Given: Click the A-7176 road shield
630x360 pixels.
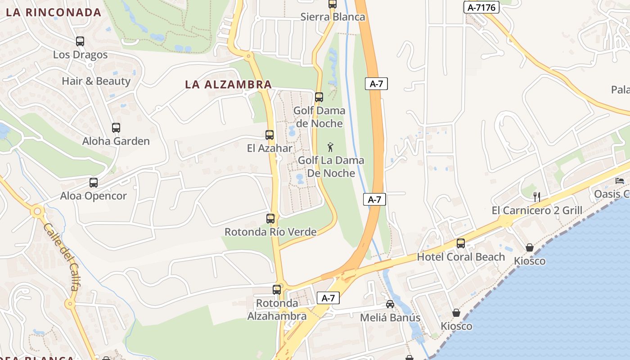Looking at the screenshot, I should tap(481, 7).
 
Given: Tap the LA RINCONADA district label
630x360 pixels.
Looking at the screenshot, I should tap(54, 12).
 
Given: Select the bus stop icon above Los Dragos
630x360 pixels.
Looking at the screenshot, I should tap(80, 41).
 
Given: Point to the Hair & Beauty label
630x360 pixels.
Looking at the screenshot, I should tap(96, 81).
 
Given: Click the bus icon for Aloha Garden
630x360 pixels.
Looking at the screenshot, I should tap(116, 128).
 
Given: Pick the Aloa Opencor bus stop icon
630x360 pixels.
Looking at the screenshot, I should tap(94, 183).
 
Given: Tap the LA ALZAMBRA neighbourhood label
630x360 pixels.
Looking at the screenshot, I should tap(228, 84).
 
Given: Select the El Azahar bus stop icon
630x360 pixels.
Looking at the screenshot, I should tap(270, 135).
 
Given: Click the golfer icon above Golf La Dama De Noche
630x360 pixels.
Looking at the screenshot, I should tap(330, 147).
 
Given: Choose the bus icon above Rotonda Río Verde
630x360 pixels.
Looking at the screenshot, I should tap(270, 219).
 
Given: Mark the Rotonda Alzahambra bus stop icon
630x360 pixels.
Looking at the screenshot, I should tap(277, 290).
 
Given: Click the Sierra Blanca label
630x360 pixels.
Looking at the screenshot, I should tap(333, 17).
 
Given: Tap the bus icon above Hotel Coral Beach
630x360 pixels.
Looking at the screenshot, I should tap(461, 243).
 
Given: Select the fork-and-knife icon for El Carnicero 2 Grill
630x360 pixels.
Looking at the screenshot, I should tap(536, 197).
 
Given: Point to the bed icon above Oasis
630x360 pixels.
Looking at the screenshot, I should tap(620, 181).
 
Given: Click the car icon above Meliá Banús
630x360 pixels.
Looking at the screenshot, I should tap(390, 304).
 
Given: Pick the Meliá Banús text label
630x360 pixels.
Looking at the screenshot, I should tap(390, 318).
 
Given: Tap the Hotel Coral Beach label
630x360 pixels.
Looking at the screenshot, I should tap(461, 257).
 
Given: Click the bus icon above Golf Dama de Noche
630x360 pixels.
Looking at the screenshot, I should tap(319, 97).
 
